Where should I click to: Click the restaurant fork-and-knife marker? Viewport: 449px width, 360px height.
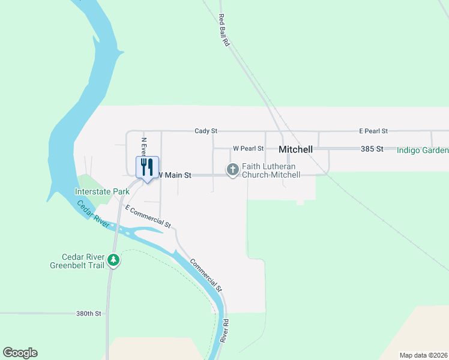[147, 167]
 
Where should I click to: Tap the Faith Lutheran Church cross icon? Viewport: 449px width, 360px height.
[232, 170]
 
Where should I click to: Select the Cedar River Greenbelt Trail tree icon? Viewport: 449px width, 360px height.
[113, 260]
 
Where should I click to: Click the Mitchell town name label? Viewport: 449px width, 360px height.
[296, 149]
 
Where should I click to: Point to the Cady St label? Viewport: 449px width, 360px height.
[205, 130]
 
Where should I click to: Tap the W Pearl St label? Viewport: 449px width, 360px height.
[248, 148]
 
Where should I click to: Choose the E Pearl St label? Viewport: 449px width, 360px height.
[373, 130]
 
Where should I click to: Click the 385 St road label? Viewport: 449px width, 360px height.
[372, 148]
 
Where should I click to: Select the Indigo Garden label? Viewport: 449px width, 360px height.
[423, 149]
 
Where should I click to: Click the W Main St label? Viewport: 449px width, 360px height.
[174, 175]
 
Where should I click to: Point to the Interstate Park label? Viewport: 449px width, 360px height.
[102, 191]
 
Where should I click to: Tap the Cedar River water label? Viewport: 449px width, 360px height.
[92, 213]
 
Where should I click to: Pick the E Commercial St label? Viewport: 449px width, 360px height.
[148, 216]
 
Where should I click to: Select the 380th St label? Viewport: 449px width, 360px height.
[89, 313]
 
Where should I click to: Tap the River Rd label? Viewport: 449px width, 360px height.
[226, 331]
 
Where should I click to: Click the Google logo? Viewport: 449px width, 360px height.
[20, 353]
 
